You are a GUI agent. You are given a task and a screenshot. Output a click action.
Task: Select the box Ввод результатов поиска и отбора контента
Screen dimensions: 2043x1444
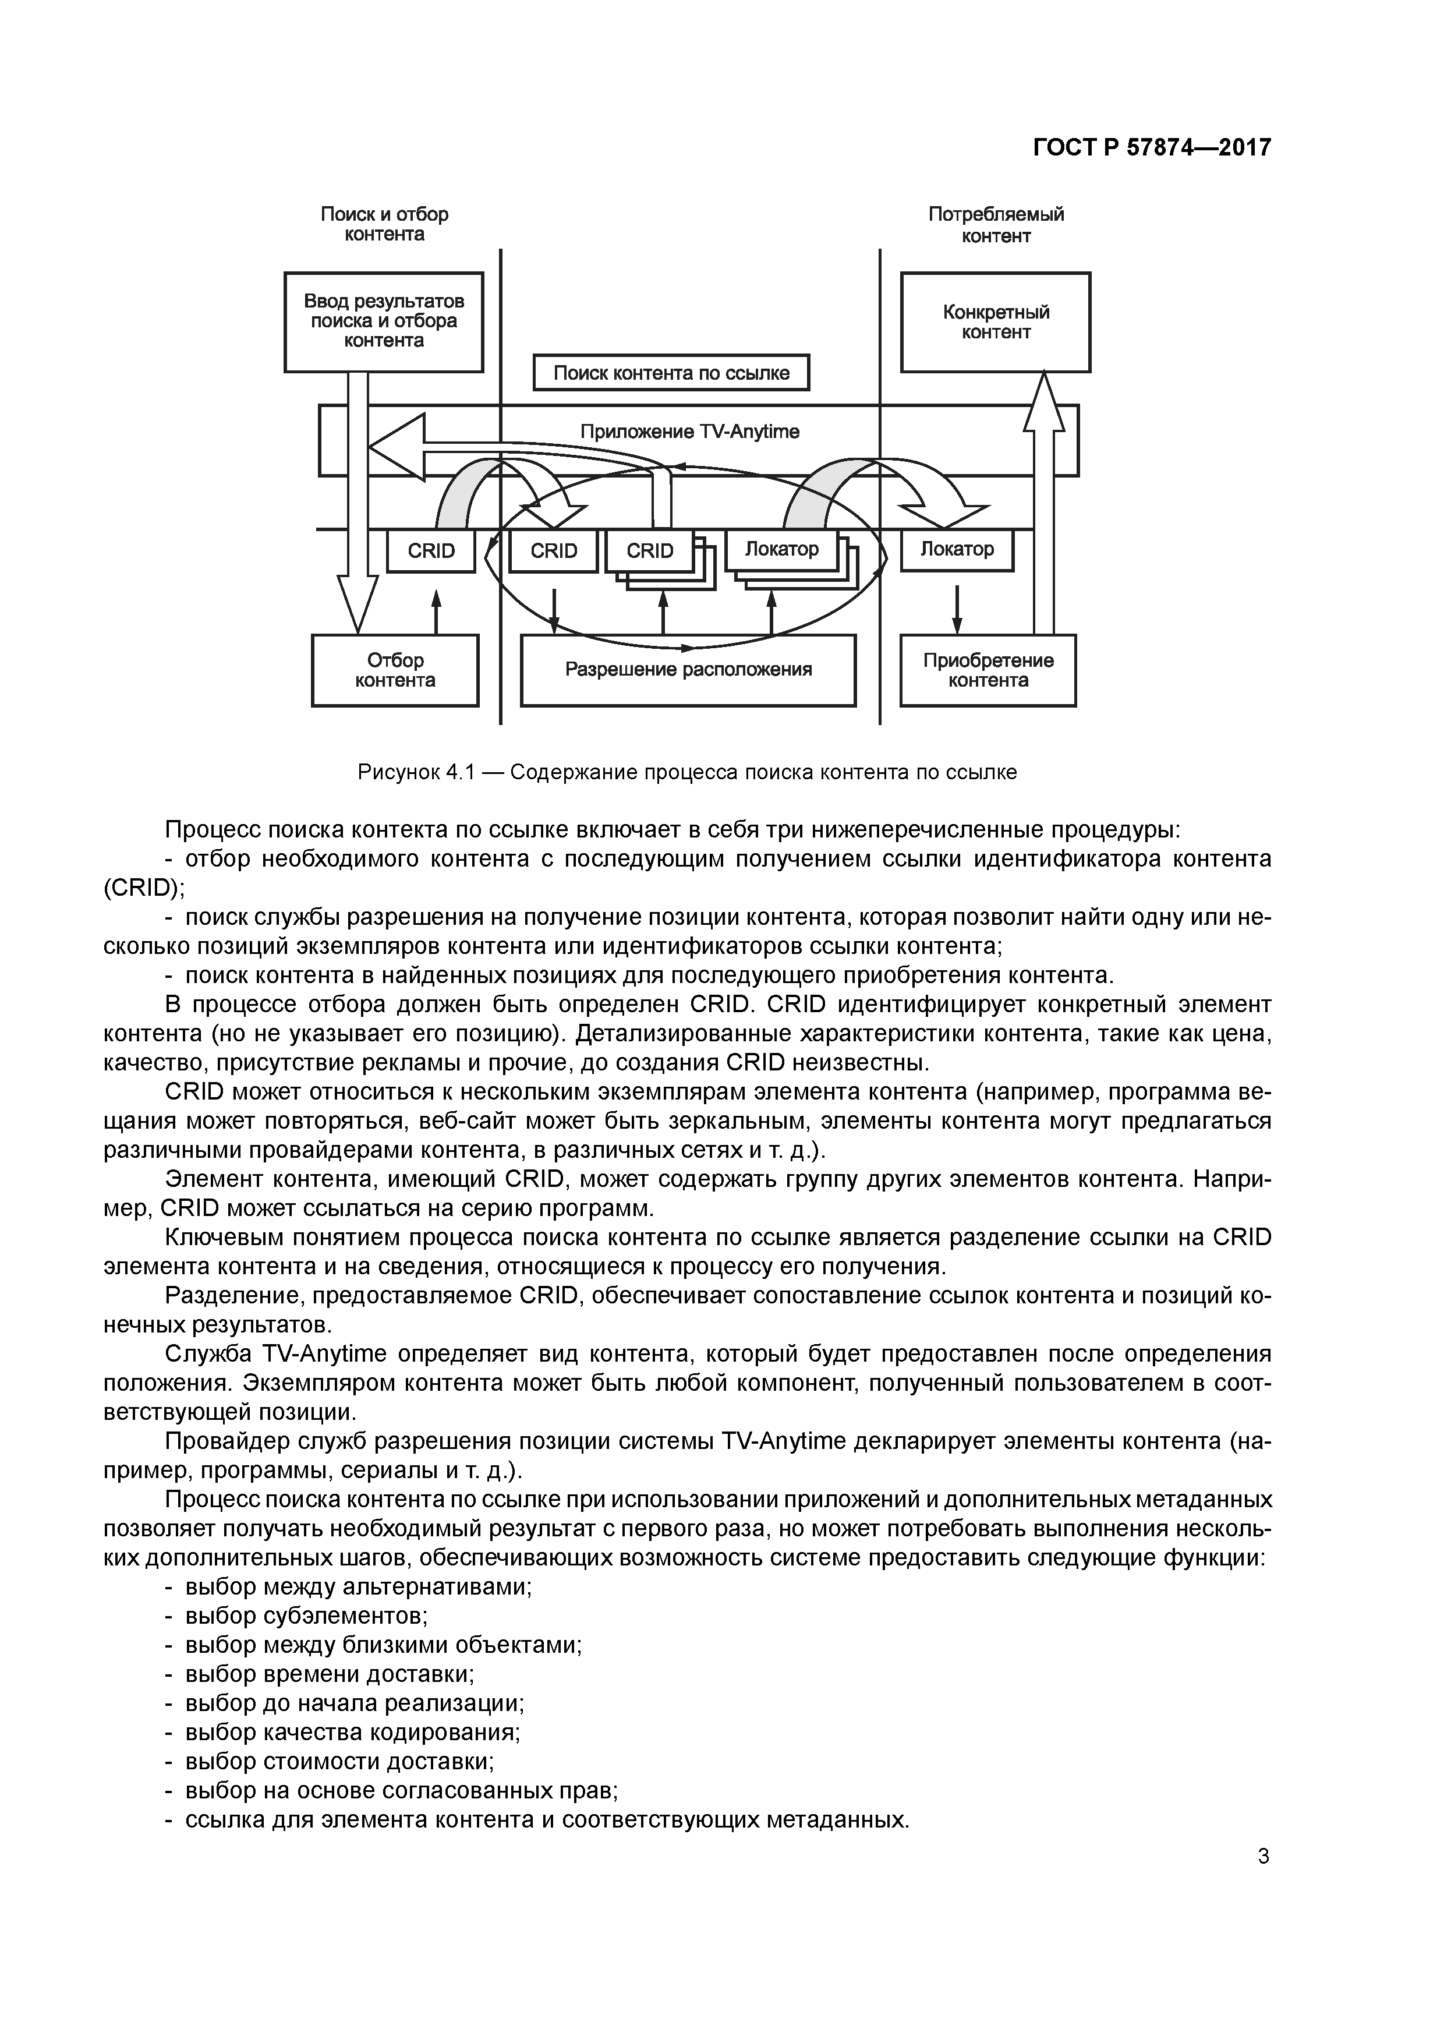click(384, 321)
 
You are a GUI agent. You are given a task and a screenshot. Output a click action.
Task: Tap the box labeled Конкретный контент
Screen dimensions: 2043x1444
click(996, 321)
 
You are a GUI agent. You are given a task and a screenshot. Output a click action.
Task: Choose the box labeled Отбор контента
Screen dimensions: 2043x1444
click(395, 670)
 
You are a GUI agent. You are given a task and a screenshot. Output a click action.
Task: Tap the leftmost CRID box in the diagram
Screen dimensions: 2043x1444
click(431, 551)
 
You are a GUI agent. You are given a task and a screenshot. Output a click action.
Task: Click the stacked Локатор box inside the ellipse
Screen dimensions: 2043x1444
click(781, 549)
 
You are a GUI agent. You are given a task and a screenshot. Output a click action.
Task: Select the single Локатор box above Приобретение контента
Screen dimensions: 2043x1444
click(957, 549)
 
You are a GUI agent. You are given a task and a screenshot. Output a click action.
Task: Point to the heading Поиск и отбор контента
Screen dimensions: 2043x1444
click(384, 224)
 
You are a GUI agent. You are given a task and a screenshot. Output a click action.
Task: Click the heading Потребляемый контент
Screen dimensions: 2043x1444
click(996, 224)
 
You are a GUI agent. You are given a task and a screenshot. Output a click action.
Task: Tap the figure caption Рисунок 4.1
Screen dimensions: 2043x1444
click(687, 772)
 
